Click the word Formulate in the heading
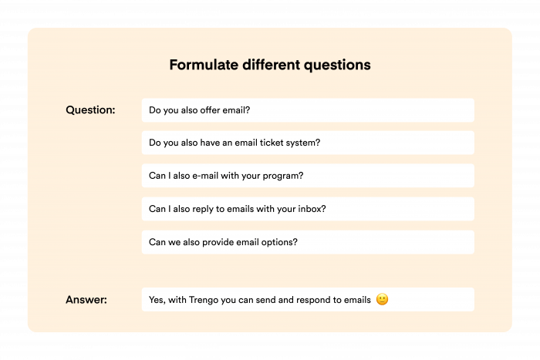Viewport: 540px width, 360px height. [201, 65]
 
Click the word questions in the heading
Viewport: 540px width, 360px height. [336, 65]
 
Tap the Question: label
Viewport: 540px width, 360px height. [90, 110]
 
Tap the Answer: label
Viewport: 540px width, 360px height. [86, 299]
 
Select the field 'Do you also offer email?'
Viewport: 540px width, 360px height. [308, 110]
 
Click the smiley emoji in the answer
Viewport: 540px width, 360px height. [382, 299]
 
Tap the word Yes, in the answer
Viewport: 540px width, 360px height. [157, 299]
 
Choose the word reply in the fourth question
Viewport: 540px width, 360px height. [202, 209]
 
